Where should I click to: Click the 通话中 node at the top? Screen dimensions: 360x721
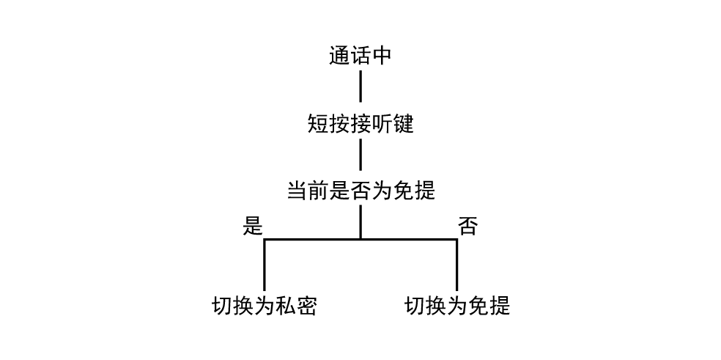360,56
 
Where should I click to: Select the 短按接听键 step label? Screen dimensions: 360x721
360,124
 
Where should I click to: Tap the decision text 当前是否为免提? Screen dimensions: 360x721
360,191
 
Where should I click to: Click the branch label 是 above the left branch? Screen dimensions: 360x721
252,226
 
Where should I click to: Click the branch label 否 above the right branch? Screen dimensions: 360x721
467,226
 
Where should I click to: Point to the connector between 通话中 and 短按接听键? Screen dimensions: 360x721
360,87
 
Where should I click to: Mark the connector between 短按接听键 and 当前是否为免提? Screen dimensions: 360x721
360,155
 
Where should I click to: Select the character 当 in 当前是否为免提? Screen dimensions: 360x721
297,191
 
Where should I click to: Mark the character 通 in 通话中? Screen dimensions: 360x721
339,56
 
